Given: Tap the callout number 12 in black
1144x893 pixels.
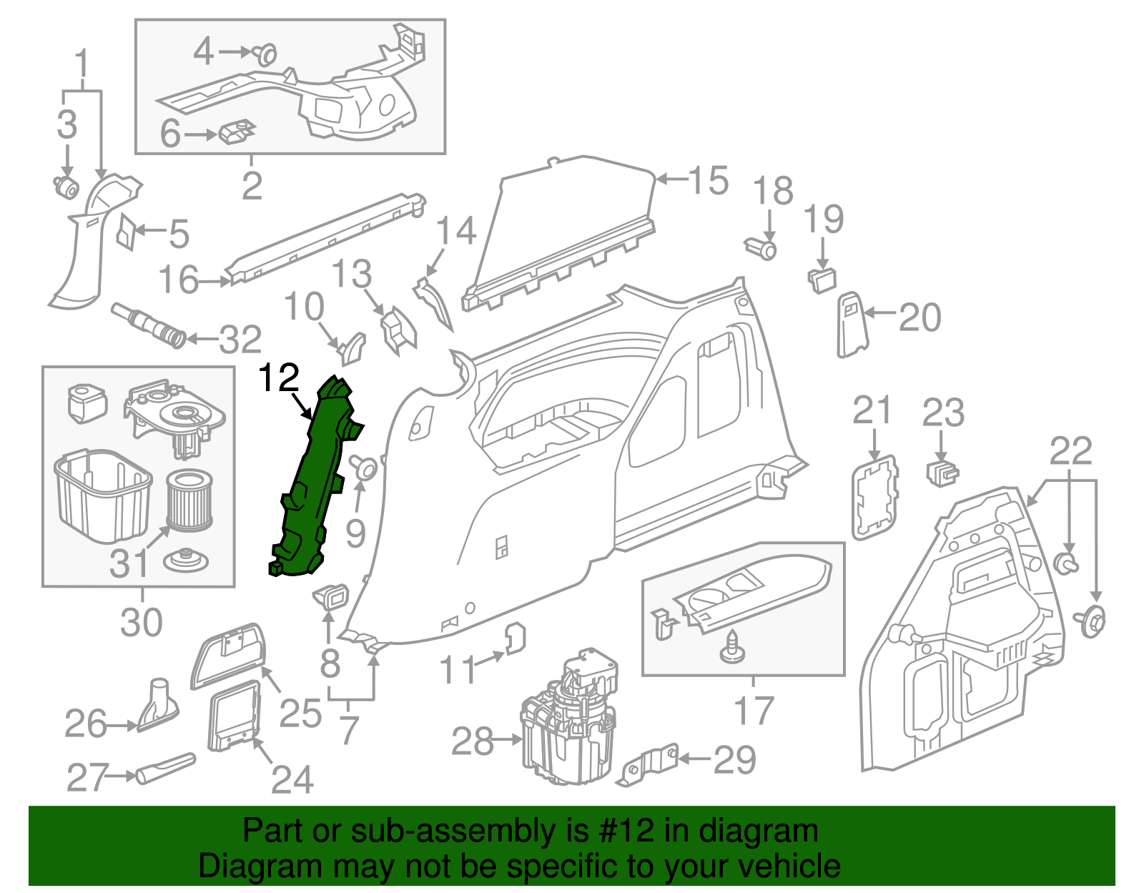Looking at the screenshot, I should [x=278, y=378].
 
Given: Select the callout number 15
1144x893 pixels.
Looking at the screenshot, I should [x=708, y=180].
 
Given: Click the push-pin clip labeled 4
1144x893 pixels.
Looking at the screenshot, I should [x=266, y=54].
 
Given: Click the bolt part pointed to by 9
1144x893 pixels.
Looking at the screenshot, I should [x=365, y=468].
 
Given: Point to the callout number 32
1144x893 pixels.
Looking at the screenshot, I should [x=240, y=340].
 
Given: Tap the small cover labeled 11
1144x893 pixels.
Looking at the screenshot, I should [x=516, y=638].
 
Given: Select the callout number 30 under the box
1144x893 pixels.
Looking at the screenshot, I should [x=141, y=622].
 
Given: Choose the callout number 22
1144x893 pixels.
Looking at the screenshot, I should [x=1070, y=451].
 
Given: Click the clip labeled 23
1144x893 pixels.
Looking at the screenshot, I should [x=942, y=472].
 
